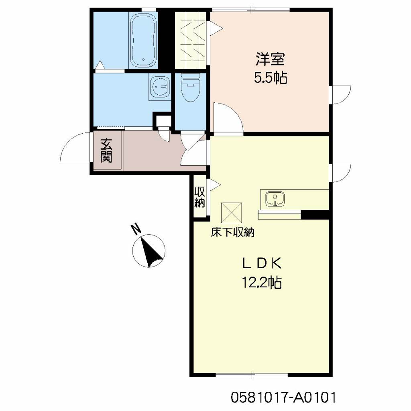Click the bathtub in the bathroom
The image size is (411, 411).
tap(143, 41)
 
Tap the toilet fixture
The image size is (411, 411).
tap(191, 87)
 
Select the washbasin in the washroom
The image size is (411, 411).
tap(160, 86)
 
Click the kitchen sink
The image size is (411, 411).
tap(275, 199)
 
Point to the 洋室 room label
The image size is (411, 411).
tap(270, 59)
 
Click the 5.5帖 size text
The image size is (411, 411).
tap(270, 77)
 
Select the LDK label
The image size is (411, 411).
tap(262, 263)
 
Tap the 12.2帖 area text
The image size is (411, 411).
tap(262, 283)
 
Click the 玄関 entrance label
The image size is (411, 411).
tap(106, 151)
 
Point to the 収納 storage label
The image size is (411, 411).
tap(200, 197)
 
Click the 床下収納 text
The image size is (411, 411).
tap(233, 232)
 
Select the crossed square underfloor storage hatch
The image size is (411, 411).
tap(232, 213)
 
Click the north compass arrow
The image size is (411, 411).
tap(151, 251)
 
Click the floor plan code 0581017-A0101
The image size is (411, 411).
tap(283, 397)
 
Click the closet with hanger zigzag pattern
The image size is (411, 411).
tap(191, 41)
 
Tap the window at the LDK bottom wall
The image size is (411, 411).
tap(252, 375)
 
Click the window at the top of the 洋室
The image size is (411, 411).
tap(251, 10)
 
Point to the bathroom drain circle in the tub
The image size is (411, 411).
tap(143, 59)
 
